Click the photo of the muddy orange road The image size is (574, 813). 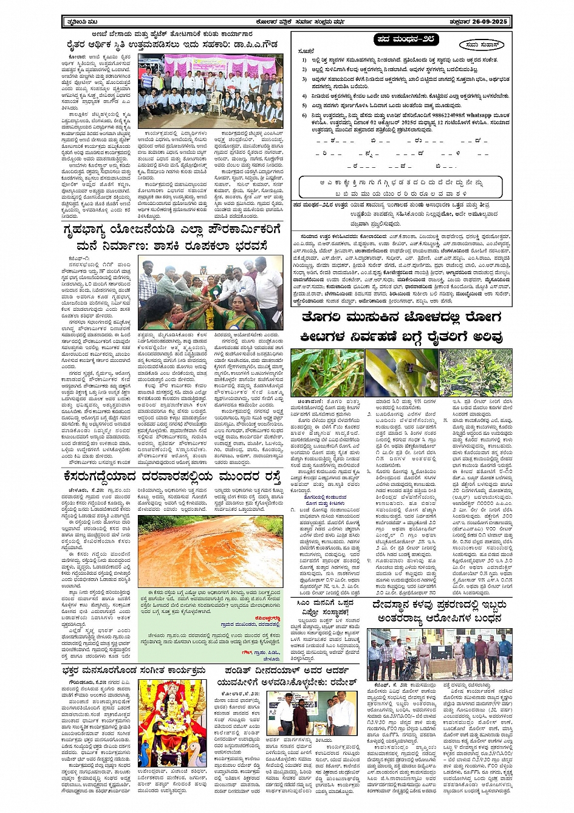click(x=209, y=552)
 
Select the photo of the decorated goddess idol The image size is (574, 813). click(x=173, y=724)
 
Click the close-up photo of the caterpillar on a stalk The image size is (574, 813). click(x=401, y=372)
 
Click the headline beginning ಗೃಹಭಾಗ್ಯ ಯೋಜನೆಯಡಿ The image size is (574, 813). click(x=173, y=238)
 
